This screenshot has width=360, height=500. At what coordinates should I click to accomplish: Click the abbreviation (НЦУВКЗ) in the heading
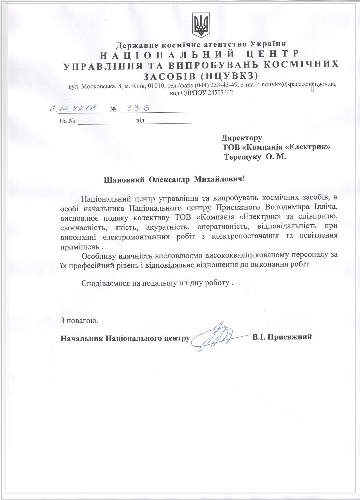click(230, 76)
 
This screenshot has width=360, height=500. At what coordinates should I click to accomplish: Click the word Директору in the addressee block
click(242, 138)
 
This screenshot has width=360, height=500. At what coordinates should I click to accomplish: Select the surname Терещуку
click(242, 156)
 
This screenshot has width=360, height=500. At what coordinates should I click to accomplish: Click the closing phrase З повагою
click(79, 321)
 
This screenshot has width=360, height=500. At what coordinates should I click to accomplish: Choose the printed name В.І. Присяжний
click(282, 337)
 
